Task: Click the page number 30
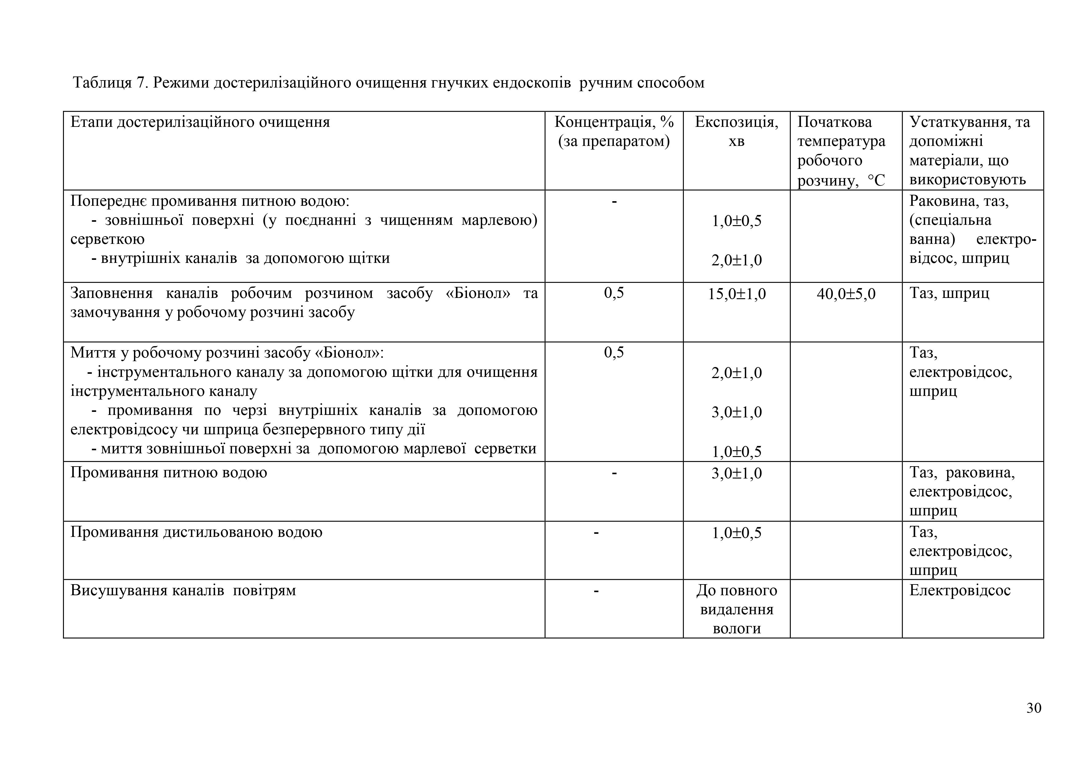coord(1033,708)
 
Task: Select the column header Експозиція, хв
coord(736,131)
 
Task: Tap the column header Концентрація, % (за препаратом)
coord(614,131)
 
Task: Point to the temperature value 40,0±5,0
coord(846,294)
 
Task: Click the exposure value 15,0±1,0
coord(736,294)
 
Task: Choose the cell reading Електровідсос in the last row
coord(960,590)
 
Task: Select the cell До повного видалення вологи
coord(736,609)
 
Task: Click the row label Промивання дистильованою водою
coord(196,532)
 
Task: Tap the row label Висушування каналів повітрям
coord(183,590)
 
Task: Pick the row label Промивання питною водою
coord(169,472)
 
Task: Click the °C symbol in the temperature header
coord(876,180)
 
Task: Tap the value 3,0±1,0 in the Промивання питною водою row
coord(736,473)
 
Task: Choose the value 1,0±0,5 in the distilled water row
coord(736,533)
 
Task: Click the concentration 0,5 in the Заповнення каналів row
coord(614,293)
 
